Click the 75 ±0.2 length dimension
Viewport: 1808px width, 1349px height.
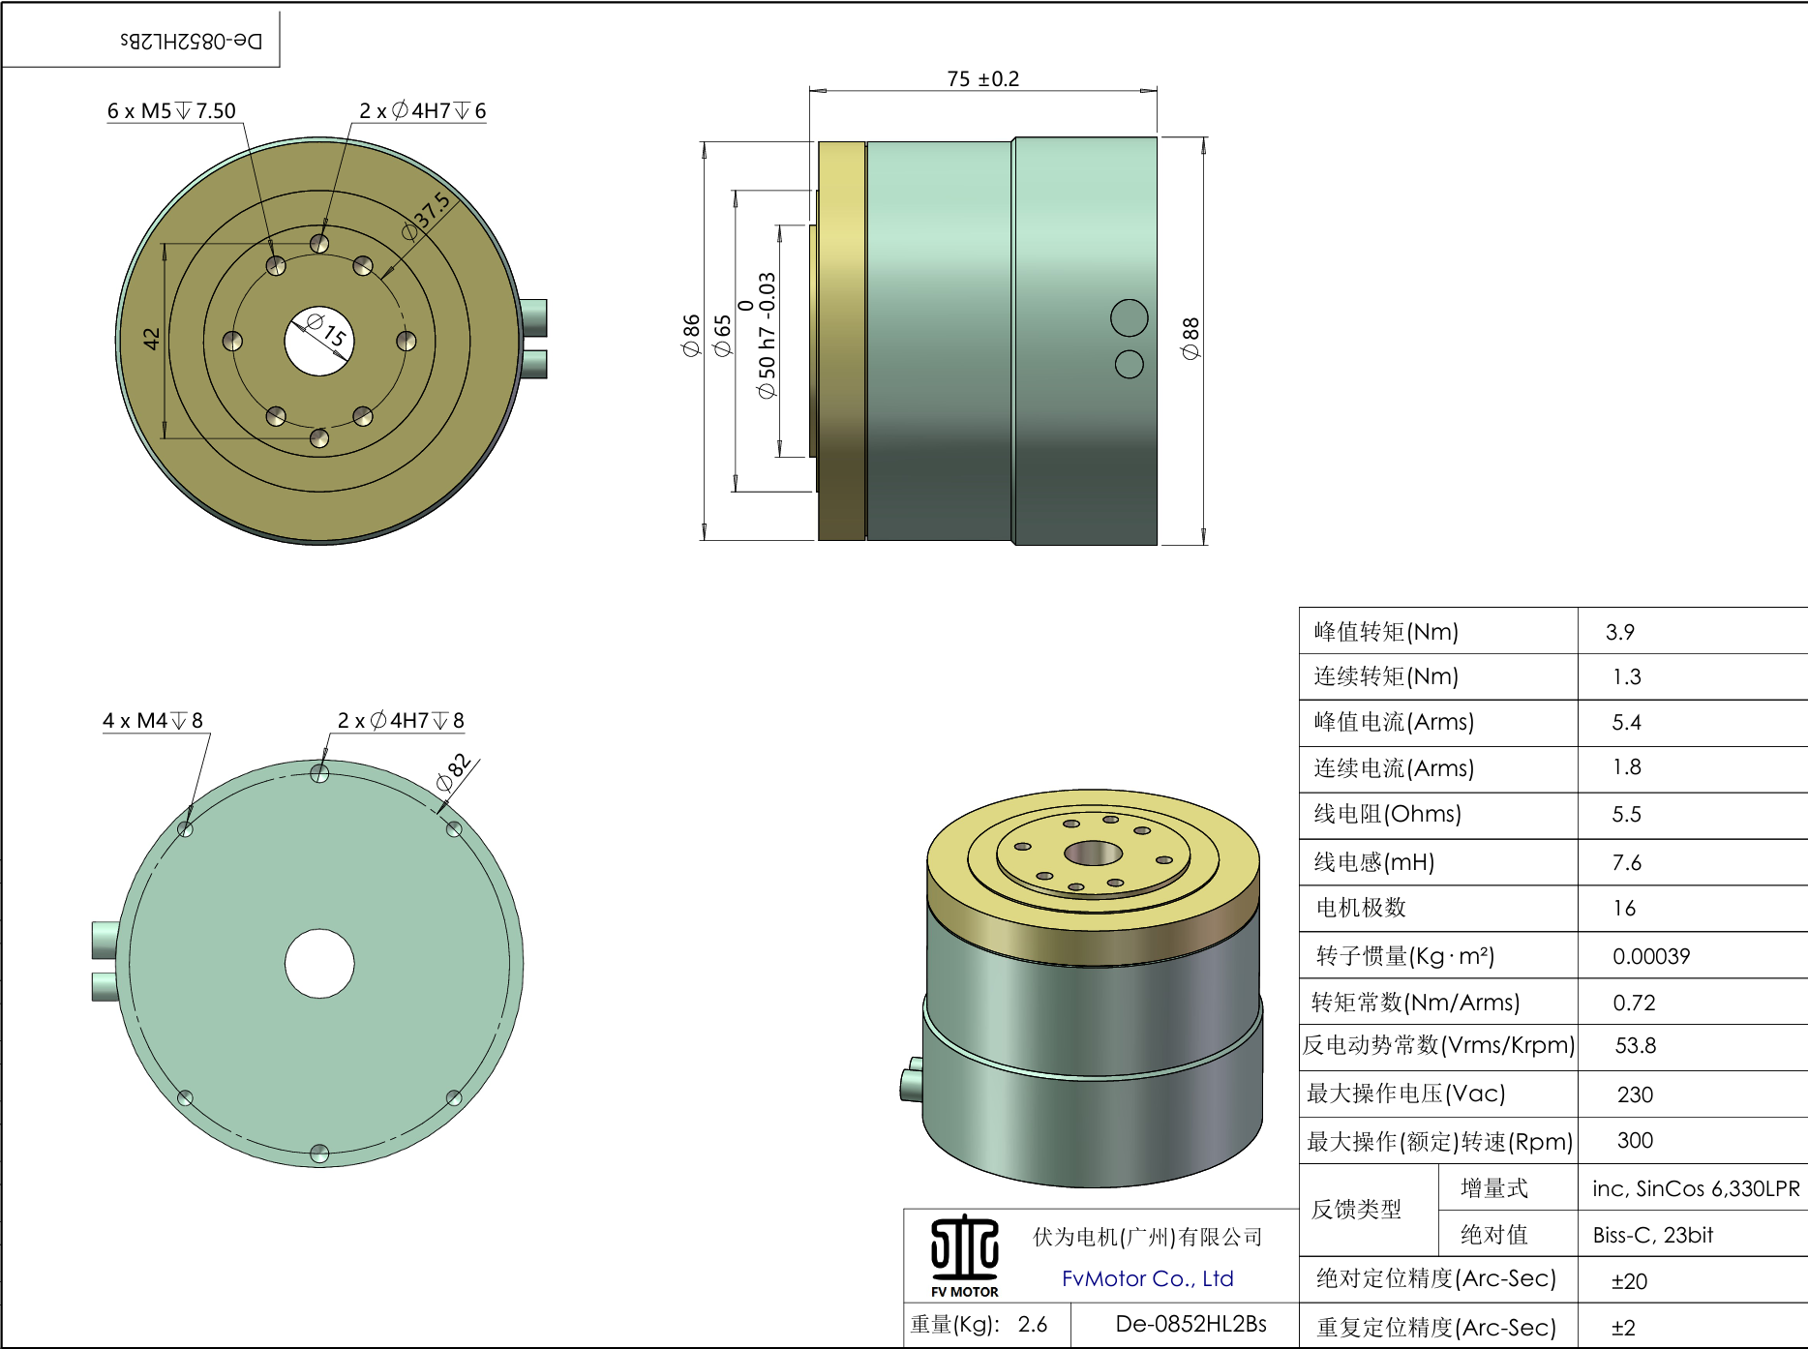(x=982, y=78)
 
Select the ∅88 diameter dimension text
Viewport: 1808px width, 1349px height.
(x=1190, y=339)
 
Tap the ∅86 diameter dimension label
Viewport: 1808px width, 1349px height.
(x=691, y=335)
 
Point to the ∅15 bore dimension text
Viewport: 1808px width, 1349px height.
(x=325, y=330)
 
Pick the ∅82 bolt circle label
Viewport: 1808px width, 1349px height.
(x=452, y=771)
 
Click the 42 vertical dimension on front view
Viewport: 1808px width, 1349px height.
(x=151, y=339)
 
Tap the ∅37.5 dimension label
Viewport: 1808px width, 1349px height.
(x=426, y=216)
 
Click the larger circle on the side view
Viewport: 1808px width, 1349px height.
(x=1129, y=317)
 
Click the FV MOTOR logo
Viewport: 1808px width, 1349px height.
(x=964, y=1255)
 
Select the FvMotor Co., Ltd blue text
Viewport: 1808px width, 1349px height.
(x=1147, y=1278)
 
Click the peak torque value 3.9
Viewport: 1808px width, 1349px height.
(x=1619, y=632)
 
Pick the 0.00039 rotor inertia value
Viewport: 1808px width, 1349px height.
(x=1650, y=956)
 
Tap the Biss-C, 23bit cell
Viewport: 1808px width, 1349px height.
(x=1652, y=1235)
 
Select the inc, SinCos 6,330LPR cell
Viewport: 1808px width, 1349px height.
(x=1695, y=1188)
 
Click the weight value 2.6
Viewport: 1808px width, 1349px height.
(x=1032, y=1324)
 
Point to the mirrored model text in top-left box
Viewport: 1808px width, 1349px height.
(x=191, y=41)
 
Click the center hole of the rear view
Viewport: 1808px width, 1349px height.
(x=319, y=963)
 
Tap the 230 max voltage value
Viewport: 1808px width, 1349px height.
(x=1635, y=1094)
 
